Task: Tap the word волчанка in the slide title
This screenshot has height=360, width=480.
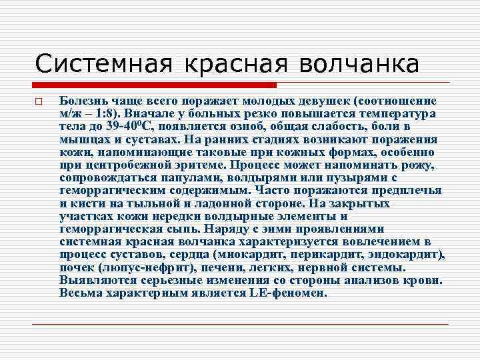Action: (x=361, y=64)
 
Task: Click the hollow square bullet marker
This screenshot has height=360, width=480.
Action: (x=39, y=102)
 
